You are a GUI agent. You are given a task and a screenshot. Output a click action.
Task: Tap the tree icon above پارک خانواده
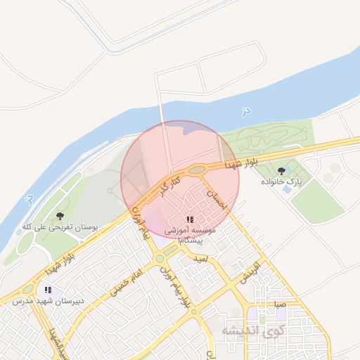click(282, 170)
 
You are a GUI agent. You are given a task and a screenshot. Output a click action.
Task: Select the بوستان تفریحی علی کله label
click(59, 227)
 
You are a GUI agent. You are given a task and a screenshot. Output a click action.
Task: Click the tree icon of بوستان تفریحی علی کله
click(59, 216)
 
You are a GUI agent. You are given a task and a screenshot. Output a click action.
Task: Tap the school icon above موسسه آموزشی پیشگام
click(190, 220)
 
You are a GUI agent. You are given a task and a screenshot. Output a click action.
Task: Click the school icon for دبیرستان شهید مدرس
click(48, 290)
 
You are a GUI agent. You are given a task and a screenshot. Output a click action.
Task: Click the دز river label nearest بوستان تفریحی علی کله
click(27, 200)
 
